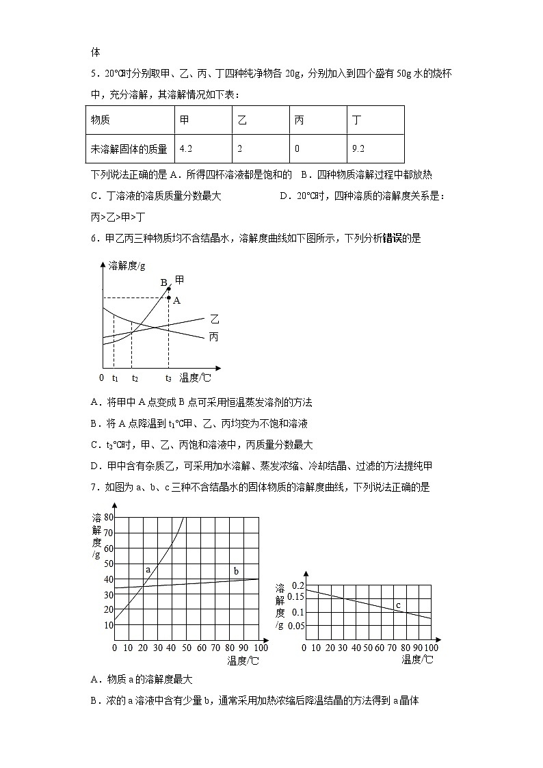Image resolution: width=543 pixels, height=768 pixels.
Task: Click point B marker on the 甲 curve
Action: tap(169, 289)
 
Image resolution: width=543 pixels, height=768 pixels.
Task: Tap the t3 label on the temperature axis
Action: tap(168, 378)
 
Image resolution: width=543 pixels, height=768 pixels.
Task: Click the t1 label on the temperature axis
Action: tap(115, 378)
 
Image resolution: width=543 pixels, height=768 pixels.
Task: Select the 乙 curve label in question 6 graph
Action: tap(215, 319)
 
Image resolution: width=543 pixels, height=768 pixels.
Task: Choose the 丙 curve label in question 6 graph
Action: tap(214, 336)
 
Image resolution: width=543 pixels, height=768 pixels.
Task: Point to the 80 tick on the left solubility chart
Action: tap(108, 518)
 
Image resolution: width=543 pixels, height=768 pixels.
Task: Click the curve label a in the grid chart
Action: tap(147, 569)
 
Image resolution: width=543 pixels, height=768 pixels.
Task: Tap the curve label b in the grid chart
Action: tap(236, 571)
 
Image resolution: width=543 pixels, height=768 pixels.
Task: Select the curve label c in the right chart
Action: tap(398, 605)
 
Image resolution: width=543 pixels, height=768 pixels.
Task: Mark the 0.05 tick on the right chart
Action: tap(296, 626)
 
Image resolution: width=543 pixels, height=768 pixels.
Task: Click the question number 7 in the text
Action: tap(94, 487)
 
